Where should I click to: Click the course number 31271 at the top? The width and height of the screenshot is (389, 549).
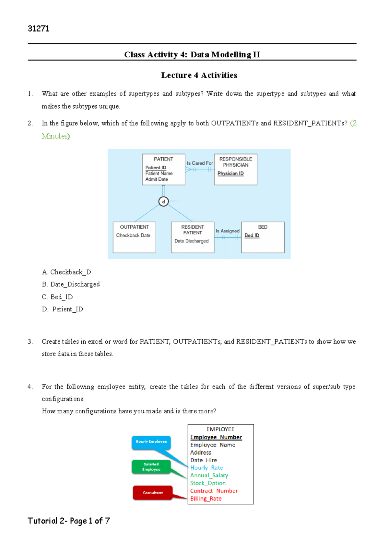click(39, 29)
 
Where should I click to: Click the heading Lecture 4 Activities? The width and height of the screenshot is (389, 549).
click(199, 75)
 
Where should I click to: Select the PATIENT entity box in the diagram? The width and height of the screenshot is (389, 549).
click(163, 169)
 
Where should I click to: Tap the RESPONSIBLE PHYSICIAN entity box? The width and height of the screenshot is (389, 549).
click(235, 169)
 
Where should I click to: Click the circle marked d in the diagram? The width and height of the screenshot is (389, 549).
click(163, 202)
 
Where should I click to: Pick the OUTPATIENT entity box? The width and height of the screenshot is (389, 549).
click(134, 237)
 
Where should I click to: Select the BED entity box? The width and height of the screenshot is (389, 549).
click(263, 237)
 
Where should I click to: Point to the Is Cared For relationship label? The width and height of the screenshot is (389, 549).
click(200, 163)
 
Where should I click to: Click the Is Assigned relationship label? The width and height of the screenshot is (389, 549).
click(228, 231)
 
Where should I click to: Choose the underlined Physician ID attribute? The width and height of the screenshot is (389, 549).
click(230, 174)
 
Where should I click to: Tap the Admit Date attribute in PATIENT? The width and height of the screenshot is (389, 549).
click(157, 179)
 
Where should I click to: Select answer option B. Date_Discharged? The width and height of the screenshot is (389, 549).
click(71, 284)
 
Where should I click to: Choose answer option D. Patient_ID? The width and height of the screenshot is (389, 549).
click(63, 309)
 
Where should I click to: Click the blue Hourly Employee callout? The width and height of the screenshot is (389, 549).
click(151, 442)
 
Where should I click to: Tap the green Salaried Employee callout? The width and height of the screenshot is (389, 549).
click(151, 467)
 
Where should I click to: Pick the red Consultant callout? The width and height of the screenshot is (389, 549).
click(153, 493)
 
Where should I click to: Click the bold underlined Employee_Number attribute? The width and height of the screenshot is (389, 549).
click(216, 437)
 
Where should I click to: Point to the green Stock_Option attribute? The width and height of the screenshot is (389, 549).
click(208, 483)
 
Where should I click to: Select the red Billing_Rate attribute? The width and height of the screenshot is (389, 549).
click(206, 499)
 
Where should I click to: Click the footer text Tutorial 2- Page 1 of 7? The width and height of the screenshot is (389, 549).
click(69, 521)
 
